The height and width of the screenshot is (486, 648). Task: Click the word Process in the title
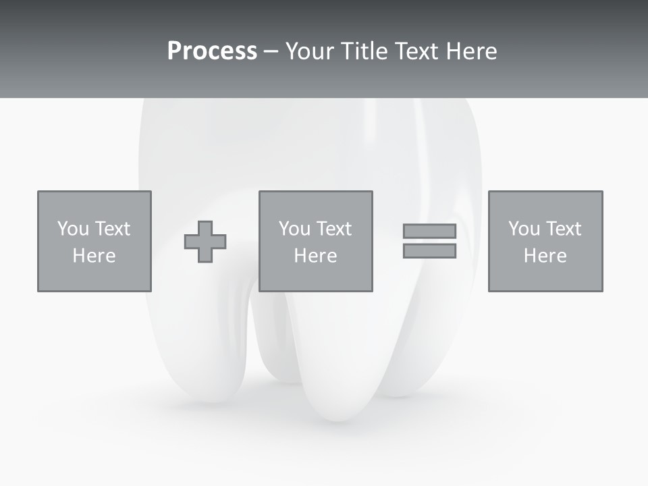(x=212, y=51)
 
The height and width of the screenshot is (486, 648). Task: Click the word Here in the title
(x=473, y=51)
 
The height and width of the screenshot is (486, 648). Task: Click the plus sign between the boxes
(x=205, y=242)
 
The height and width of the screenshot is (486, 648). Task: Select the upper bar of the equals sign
(x=429, y=232)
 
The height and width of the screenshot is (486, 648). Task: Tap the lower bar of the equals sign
(x=429, y=251)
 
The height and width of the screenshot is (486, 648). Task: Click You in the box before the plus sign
(x=73, y=229)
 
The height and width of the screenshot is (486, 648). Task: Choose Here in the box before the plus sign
(x=94, y=256)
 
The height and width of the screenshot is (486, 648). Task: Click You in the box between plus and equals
(x=294, y=229)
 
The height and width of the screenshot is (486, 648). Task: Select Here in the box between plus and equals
(x=315, y=256)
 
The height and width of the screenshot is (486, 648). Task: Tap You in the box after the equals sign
(x=524, y=229)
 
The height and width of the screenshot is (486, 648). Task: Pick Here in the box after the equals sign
(x=545, y=256)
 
